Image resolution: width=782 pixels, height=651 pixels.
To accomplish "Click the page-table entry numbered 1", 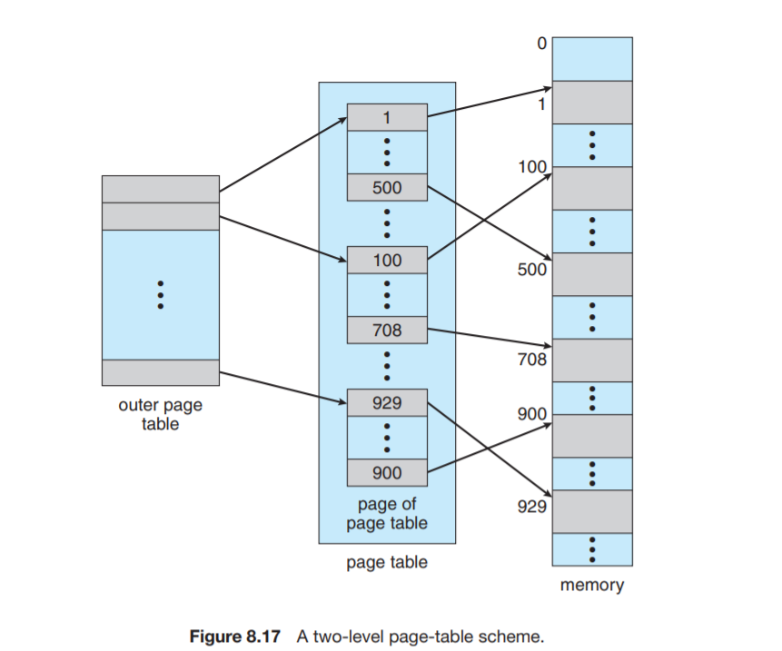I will [x=387, y=117].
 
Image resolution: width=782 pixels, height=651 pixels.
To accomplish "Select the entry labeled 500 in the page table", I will [x=387, y=187].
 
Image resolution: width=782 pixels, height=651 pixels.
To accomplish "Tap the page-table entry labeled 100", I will [x=387, y=261].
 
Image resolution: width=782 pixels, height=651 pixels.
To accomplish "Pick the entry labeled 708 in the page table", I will [x=387, y=330].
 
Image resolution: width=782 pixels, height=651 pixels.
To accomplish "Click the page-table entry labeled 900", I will [x=387, y=472].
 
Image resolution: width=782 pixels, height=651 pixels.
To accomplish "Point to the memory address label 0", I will [x=542, y=43].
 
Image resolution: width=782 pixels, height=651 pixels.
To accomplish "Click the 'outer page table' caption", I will [x=161, y=415].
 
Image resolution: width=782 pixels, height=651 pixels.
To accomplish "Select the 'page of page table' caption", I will [x=387, y=513].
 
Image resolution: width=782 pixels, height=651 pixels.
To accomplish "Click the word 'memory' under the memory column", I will [x=592, y=585].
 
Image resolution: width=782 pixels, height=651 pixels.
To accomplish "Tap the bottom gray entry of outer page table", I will [x=161, y=372].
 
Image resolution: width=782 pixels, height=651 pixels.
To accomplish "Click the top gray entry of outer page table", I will [x=161, y=189].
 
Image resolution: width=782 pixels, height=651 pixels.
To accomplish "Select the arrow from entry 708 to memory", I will [x=490, y=338].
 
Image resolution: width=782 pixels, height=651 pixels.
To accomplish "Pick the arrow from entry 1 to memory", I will [x=490, y=103].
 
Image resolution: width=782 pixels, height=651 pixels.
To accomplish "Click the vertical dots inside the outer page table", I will [x=161, y=294].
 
